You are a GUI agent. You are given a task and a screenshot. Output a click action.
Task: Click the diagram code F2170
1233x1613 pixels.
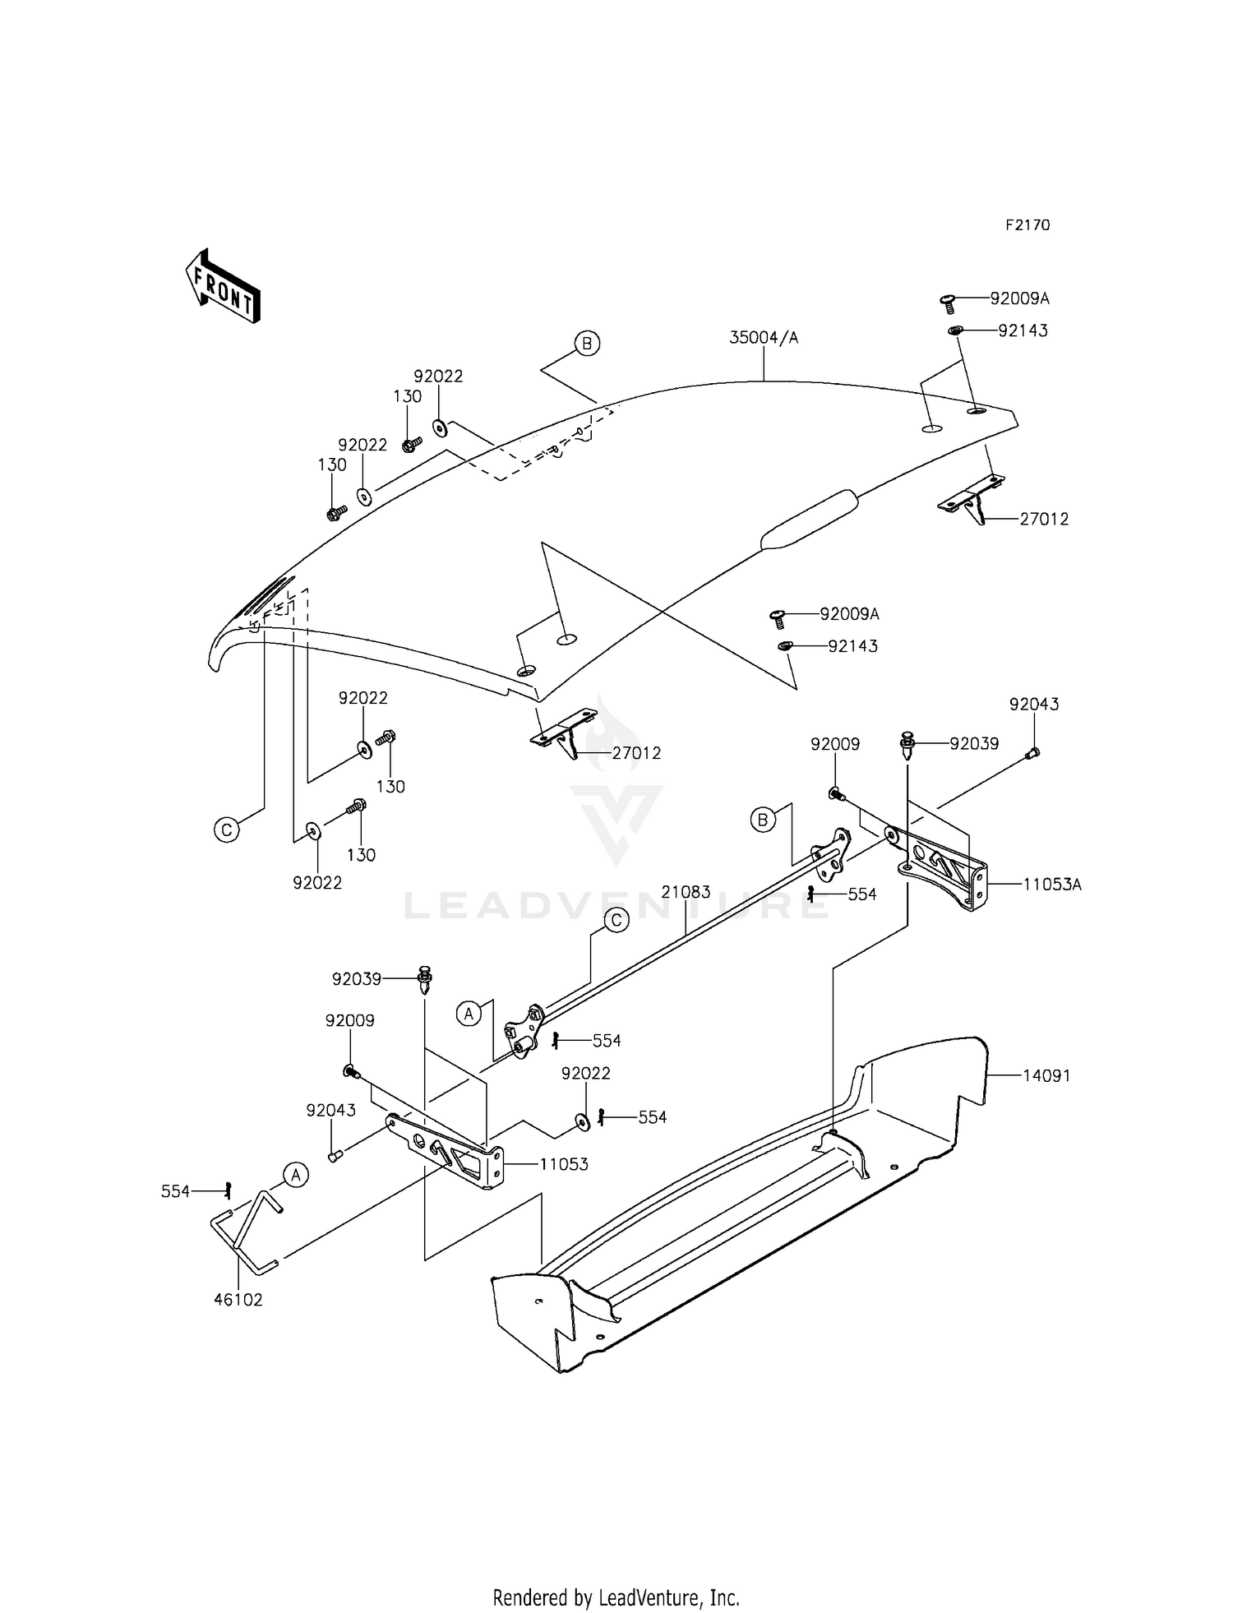click(x=1027, y=225)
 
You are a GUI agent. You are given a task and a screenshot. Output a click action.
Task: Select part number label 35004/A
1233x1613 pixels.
click(x=764, y=338)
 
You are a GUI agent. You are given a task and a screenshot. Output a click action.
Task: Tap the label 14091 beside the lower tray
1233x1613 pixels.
click(x=1046, y=1075)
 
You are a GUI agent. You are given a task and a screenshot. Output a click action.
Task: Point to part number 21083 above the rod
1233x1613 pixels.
click(x=686, y=893)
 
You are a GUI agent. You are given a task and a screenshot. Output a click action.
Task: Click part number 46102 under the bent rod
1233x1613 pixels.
click(x=238, y=1300)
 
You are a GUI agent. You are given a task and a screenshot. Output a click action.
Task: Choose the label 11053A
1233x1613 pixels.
click(x=1051, y=885)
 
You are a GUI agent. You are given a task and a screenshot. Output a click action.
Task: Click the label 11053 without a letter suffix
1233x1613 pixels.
click(x=563, y=1164)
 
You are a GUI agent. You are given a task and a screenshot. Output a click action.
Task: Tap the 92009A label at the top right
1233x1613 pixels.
click(x=1019, y=298)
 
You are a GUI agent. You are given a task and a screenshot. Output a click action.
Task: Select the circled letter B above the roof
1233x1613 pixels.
click(x=587, y=344)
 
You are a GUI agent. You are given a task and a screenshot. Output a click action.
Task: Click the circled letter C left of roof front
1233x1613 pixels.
click(x=227, y=830)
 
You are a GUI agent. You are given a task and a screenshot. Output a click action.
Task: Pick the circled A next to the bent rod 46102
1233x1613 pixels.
click(x=297, y=1176)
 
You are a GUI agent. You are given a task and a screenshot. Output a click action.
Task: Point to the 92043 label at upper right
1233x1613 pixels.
click(x=1034, y=705)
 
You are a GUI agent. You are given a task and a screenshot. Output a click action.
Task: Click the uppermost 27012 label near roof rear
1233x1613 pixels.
click(x=1044, y=519)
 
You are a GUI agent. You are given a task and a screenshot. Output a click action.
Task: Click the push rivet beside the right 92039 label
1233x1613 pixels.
click(x=908, y=746)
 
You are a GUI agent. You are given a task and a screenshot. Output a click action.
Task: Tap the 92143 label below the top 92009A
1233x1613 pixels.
click(x=1023, y=330)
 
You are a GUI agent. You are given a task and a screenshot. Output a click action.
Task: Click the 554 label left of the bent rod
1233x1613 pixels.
click(x=175, y=1191)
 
